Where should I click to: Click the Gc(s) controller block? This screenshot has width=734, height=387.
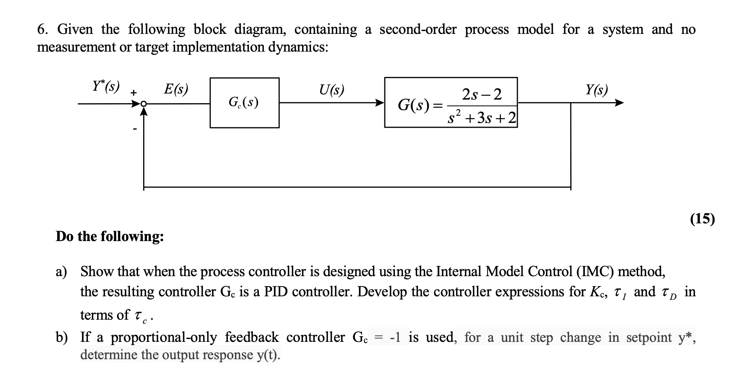point(244,103)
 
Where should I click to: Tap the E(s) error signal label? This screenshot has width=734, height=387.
point(176,89)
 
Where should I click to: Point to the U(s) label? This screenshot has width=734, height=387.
point(332,89)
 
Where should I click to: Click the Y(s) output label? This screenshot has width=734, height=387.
point(596,89)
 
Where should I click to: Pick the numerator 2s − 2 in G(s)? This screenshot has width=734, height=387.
point(482,95)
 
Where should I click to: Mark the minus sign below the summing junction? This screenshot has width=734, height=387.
point(135,129)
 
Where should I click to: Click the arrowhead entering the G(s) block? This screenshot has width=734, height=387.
point(380,103)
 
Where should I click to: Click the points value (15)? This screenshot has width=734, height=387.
point(702,218)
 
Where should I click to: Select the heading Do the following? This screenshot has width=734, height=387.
point(110,236)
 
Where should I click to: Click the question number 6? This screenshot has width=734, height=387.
point(41,29)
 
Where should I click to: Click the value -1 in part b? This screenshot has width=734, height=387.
point(395,337)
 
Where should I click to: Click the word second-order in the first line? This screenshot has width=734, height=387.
point(418,29)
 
